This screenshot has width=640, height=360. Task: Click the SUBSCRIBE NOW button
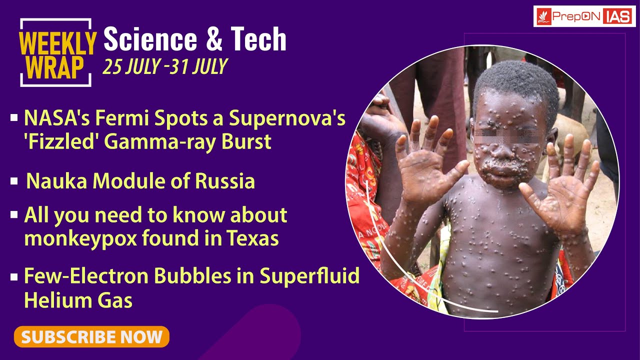point(91,336)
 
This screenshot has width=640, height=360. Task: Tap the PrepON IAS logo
point(584,16)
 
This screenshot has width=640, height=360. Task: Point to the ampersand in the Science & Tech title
point(213,40)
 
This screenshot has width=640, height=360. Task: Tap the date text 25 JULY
point(130,66)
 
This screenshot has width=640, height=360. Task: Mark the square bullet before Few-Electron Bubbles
point(14,276)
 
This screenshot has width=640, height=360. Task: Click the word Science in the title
point(149,39)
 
